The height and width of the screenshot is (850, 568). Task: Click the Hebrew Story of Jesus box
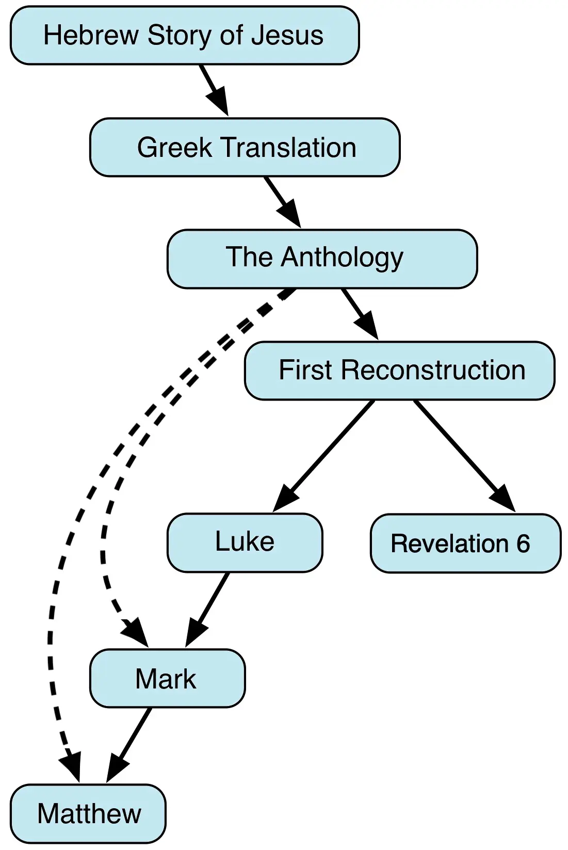pos(184,36)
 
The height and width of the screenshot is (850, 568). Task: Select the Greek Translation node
pos(245,148)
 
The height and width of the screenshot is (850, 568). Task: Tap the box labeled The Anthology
pos(322,259)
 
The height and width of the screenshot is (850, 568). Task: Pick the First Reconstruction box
pos(399,371)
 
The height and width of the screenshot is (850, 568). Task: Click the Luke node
pos(245,542)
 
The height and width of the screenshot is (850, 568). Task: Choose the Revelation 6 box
pos(465,543)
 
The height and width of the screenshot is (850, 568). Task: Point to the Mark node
pos(167,678)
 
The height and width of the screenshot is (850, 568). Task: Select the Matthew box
pos(88,814)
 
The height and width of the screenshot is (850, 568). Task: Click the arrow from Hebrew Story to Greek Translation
pos(213,89)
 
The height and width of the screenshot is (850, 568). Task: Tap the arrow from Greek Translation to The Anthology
pos(282,202)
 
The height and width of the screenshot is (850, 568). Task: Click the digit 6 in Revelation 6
pos(523,544)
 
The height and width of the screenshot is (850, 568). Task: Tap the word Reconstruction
pos(433,371)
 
